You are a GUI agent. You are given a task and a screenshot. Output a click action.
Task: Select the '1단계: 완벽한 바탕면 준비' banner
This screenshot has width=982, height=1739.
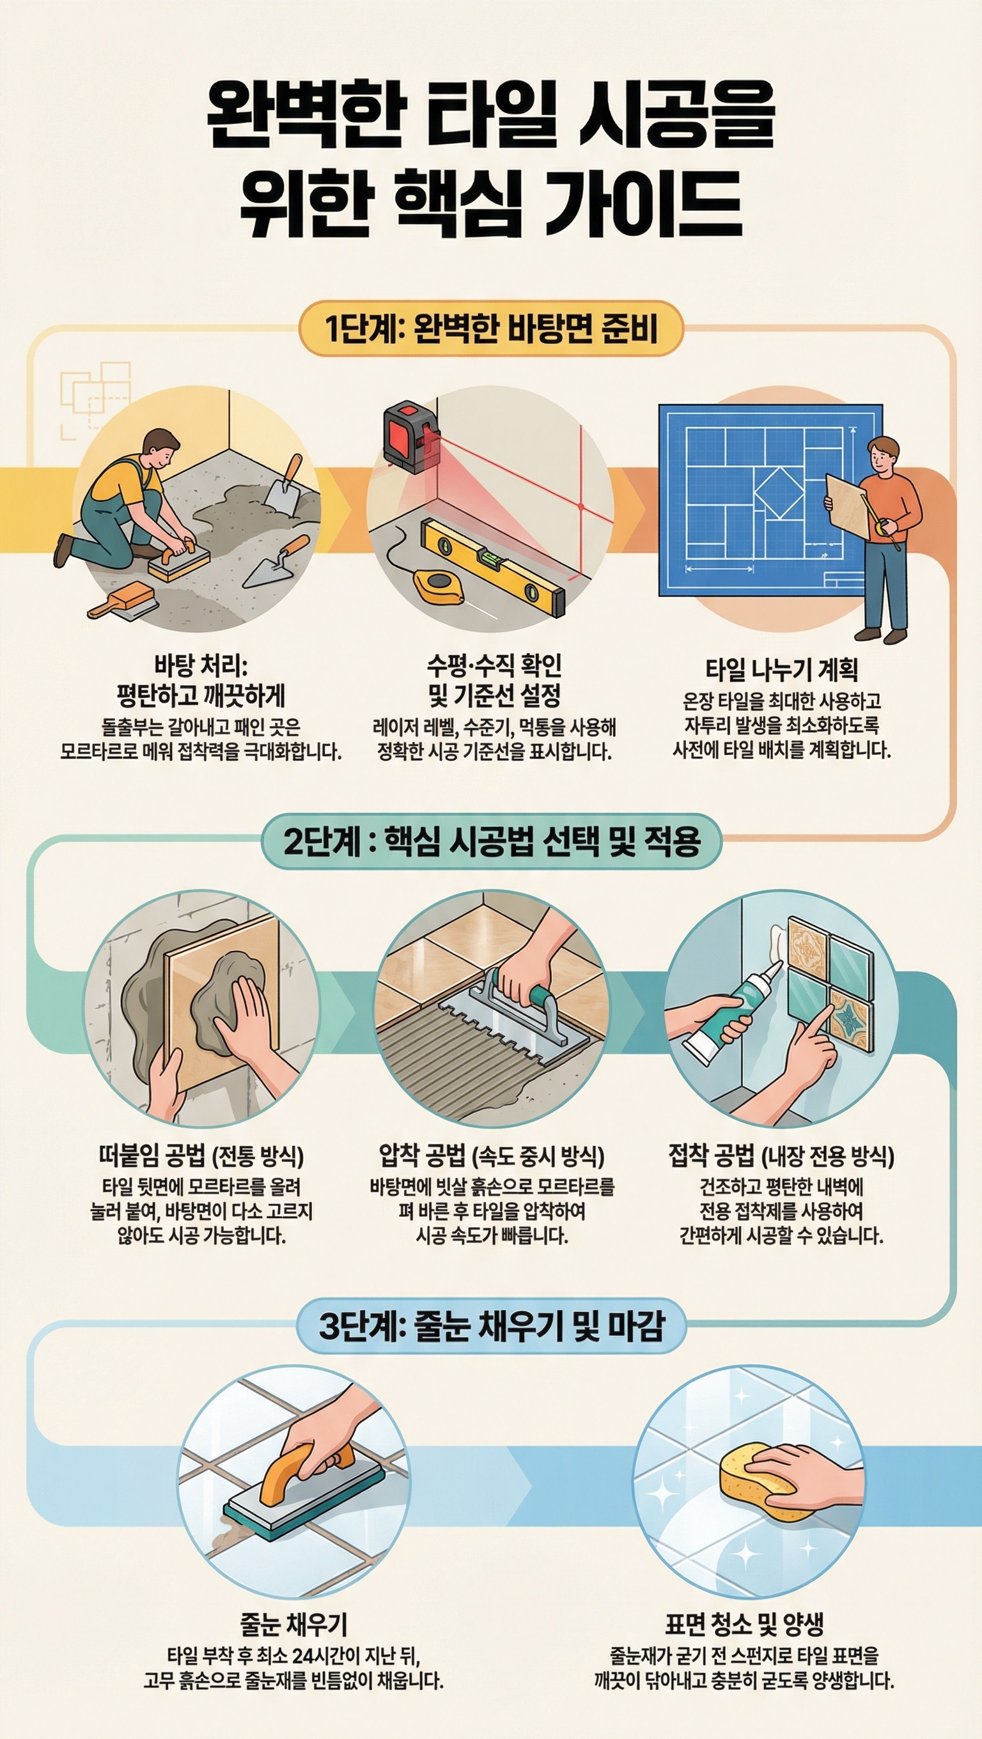click(491, 328)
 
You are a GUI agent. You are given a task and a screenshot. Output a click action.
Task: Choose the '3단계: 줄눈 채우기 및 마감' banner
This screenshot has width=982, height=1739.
click(491, 1326)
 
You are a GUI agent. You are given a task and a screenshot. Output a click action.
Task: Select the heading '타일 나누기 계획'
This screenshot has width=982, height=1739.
click(781, 670)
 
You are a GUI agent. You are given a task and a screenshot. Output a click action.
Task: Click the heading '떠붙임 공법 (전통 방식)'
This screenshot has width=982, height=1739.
click(201, 1157)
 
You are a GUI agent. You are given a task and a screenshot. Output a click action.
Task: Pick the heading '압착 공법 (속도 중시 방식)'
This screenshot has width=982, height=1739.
click(491, 1157)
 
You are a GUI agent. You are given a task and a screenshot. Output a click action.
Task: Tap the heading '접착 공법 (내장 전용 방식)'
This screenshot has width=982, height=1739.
click(781, 1157)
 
